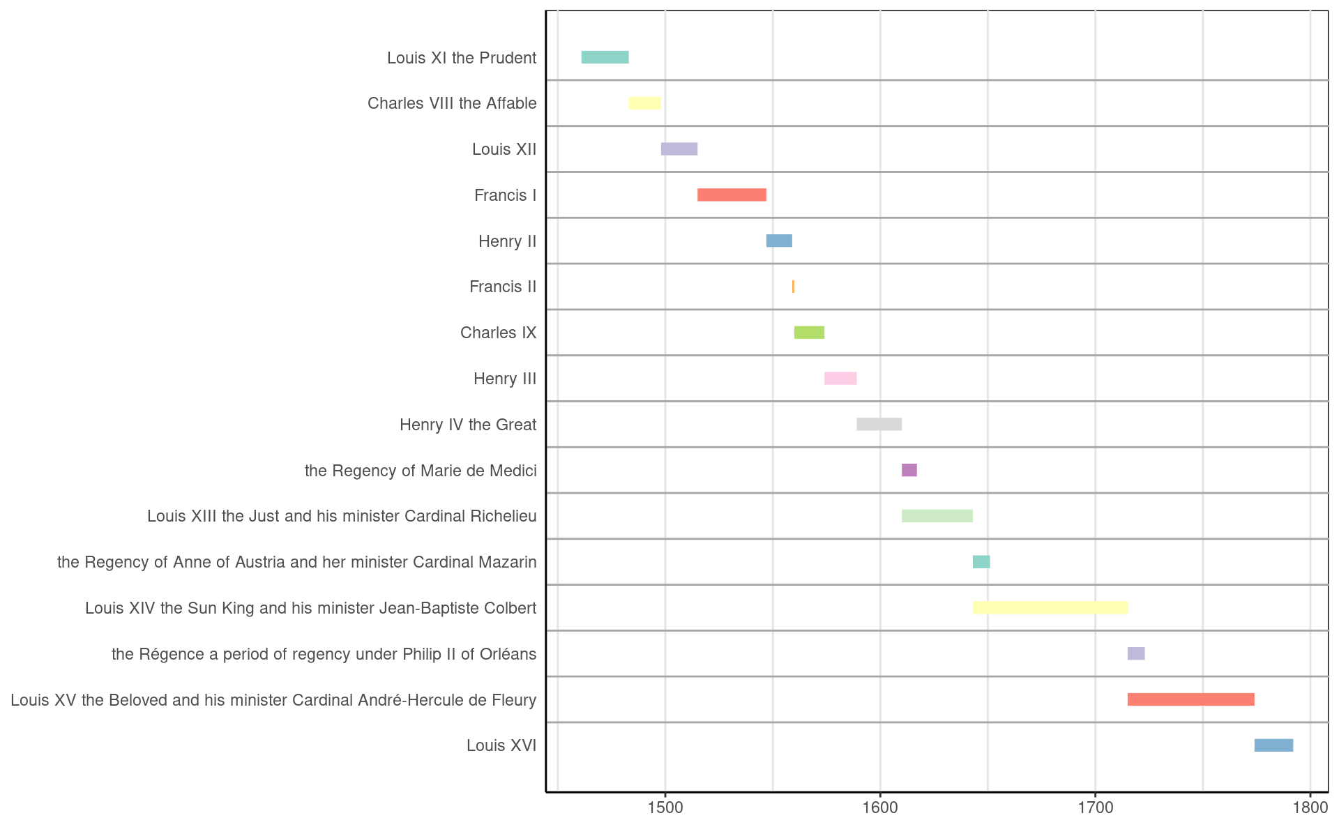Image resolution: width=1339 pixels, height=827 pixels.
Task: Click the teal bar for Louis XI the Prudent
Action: (605, 57)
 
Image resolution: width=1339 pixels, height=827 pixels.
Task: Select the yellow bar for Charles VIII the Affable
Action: (644, 103)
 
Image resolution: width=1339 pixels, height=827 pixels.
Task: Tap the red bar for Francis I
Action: (732, 195)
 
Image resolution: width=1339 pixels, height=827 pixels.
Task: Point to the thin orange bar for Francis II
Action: (793, 287)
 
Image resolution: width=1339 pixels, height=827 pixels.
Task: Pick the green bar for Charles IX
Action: (809, 333)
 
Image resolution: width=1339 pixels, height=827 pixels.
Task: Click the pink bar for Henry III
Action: (840, 379)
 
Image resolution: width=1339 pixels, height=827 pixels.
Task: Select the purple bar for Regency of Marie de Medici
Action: (909, 470)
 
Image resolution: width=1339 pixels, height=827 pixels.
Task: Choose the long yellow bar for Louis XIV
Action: (1050, 608)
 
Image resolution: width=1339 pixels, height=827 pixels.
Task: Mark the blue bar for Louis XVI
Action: (1273, 745)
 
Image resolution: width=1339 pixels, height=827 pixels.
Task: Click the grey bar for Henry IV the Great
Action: (879, 424)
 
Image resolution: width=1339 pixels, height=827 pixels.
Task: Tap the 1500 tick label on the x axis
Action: (665, 807)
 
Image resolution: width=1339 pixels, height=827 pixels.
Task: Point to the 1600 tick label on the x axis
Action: (880, 807)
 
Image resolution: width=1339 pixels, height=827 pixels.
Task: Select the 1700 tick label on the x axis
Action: (1095, 807)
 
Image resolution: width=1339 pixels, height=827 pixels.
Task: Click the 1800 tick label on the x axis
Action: (1310, 807)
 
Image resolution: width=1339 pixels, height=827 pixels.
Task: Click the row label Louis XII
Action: (504, 149)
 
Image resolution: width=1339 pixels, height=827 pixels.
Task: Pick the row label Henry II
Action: (507, 241)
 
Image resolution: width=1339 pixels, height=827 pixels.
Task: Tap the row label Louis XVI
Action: (501, 745)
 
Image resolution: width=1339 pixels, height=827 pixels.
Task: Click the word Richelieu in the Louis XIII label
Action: (505, 516)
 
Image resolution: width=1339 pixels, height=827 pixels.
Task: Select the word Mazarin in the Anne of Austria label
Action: (508, 562)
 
